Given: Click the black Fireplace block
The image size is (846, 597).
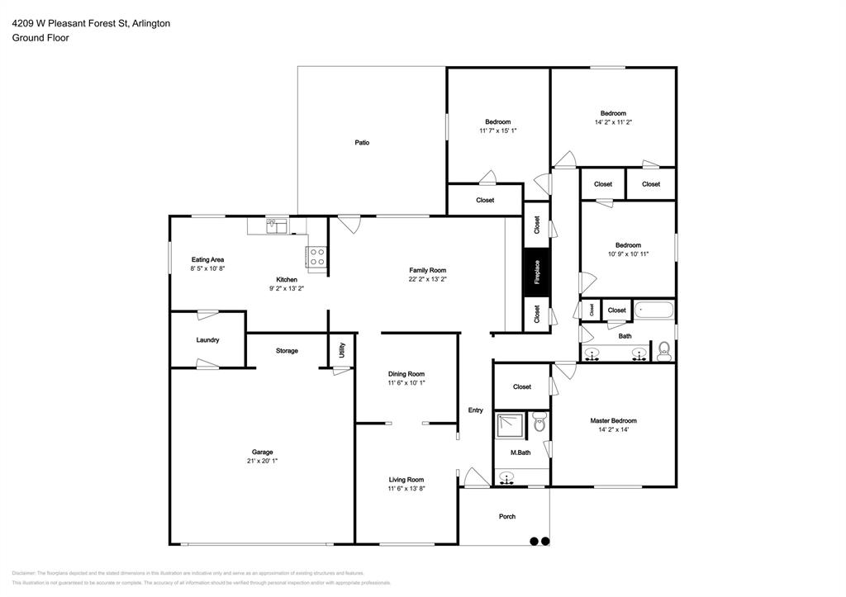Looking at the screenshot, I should [536, 272].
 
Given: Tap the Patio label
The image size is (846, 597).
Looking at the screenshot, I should [362, 143].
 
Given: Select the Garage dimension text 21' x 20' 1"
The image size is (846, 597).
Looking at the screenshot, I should [262, 462].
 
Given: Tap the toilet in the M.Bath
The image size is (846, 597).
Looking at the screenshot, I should [539, 424].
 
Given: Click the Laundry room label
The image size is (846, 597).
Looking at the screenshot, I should [207, 339].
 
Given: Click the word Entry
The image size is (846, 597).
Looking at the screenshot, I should [476, 410].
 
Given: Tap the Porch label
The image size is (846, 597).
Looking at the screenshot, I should [507, 517].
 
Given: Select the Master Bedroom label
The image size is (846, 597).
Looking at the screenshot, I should [613, 420].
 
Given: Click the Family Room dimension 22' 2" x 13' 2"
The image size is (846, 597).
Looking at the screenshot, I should [428, 280].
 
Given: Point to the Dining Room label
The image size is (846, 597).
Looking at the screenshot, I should [406, 373].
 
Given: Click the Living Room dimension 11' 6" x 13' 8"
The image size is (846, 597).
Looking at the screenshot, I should [406, 489].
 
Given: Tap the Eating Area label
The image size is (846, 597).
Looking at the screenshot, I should [207, 259].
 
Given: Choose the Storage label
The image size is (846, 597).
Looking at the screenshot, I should [287, 351].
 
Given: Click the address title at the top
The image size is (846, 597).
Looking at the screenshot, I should [91, 24].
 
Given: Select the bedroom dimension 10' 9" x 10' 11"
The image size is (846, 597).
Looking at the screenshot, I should [628, 254].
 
